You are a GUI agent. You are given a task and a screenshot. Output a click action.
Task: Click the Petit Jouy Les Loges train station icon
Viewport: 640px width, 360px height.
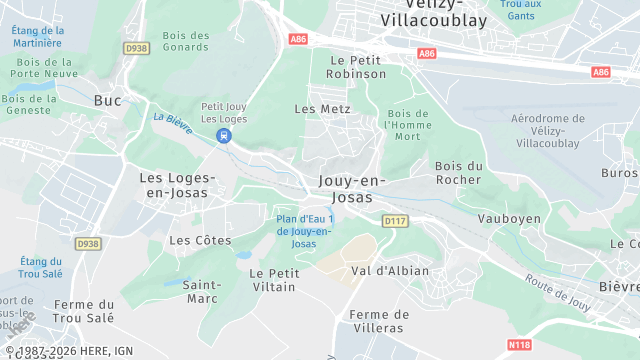point(225,135)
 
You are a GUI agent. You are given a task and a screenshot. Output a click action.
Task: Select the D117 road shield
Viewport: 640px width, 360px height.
point(394,221)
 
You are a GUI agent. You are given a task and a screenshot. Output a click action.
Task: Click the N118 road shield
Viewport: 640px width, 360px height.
point(519,345)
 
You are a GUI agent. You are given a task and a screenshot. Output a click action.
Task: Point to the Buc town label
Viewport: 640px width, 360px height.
point(107,100)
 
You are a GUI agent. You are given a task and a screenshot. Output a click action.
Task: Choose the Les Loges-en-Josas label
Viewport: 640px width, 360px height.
point(176,184)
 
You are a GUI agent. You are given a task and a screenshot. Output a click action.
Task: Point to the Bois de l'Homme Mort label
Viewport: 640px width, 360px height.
point(407,125)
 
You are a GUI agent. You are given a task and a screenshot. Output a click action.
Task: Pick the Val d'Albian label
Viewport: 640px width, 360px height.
point(390,270)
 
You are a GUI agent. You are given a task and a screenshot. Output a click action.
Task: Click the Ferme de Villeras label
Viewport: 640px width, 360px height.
point(379,320)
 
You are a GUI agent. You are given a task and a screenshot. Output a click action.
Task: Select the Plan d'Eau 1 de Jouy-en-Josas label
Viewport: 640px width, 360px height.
point(304,231)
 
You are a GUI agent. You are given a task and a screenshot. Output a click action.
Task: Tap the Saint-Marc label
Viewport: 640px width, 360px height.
point(202,291)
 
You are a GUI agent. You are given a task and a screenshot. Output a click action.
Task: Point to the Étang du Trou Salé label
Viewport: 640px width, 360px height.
point(40,267)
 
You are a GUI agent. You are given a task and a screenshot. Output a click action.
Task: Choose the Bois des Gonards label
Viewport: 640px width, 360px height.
point(185,42)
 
